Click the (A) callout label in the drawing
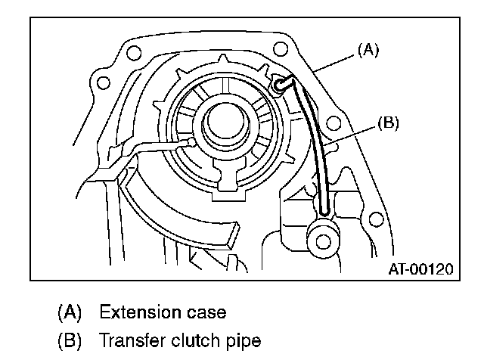[367, 51]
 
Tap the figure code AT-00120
[420, 268]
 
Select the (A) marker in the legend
[68, 312]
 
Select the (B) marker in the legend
[68, 341]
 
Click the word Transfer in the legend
[129, 341]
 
